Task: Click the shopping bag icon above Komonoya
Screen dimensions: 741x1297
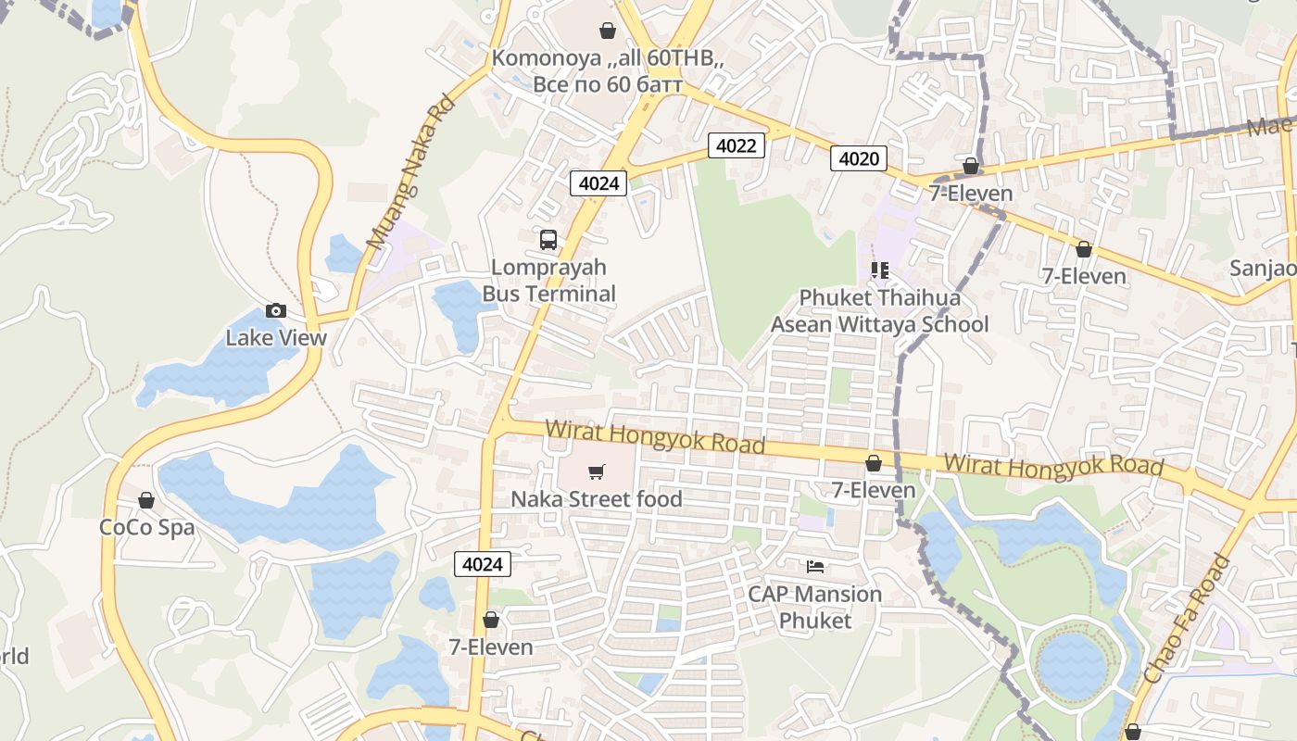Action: pos(608,31)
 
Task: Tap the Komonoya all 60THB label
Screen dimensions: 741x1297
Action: pos(608,71)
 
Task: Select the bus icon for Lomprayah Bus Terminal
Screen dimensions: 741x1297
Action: pos(548,240)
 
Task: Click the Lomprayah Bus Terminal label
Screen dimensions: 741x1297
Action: pos(548,281)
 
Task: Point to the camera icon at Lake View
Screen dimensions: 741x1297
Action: pos(276,310)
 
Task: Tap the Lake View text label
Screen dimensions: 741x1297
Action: pos(276,337)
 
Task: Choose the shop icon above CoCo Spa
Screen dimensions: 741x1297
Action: pos(146,501)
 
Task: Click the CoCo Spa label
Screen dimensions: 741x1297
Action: pos(147,528)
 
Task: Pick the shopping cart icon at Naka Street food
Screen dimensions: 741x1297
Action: pos(597,472)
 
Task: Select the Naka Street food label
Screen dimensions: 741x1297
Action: pos(597,499)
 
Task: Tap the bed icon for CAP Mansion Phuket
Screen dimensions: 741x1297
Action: pos(815,566)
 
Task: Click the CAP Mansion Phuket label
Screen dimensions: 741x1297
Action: pos(815,607)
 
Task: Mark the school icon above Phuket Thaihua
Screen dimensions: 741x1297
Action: pos(879,270)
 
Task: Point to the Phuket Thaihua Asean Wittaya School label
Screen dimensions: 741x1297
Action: pos(879,311)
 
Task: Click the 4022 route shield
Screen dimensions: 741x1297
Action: pos(737,145)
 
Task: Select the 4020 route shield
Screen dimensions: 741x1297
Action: pos(858,158)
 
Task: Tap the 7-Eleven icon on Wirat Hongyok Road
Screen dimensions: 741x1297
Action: pos(874,463)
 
